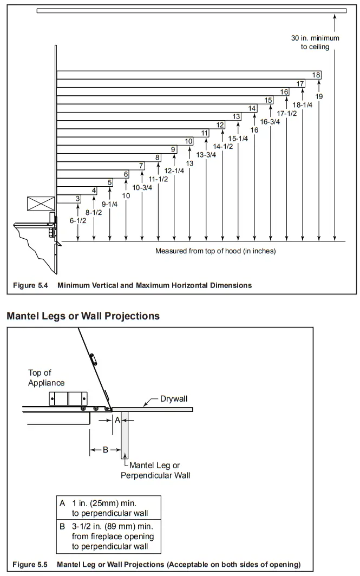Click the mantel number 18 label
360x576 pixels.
click(316, 75)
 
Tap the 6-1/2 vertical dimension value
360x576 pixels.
click(78, 220)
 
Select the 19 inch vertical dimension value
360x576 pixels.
click(319, 96)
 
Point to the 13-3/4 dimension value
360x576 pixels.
click(206, 155)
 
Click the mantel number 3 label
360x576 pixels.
click(78, 199)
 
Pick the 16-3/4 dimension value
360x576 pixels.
click(270, 122)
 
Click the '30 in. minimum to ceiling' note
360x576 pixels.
click(315, 43)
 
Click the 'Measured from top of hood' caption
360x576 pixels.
click(215, 251)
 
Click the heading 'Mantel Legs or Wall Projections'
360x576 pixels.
click(83, 316)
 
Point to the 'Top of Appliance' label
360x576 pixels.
click(47, 378)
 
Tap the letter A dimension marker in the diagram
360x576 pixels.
click(117, 420)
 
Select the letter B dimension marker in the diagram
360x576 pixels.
click(106, 449)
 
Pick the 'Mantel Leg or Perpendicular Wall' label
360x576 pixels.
click(155, 471)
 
